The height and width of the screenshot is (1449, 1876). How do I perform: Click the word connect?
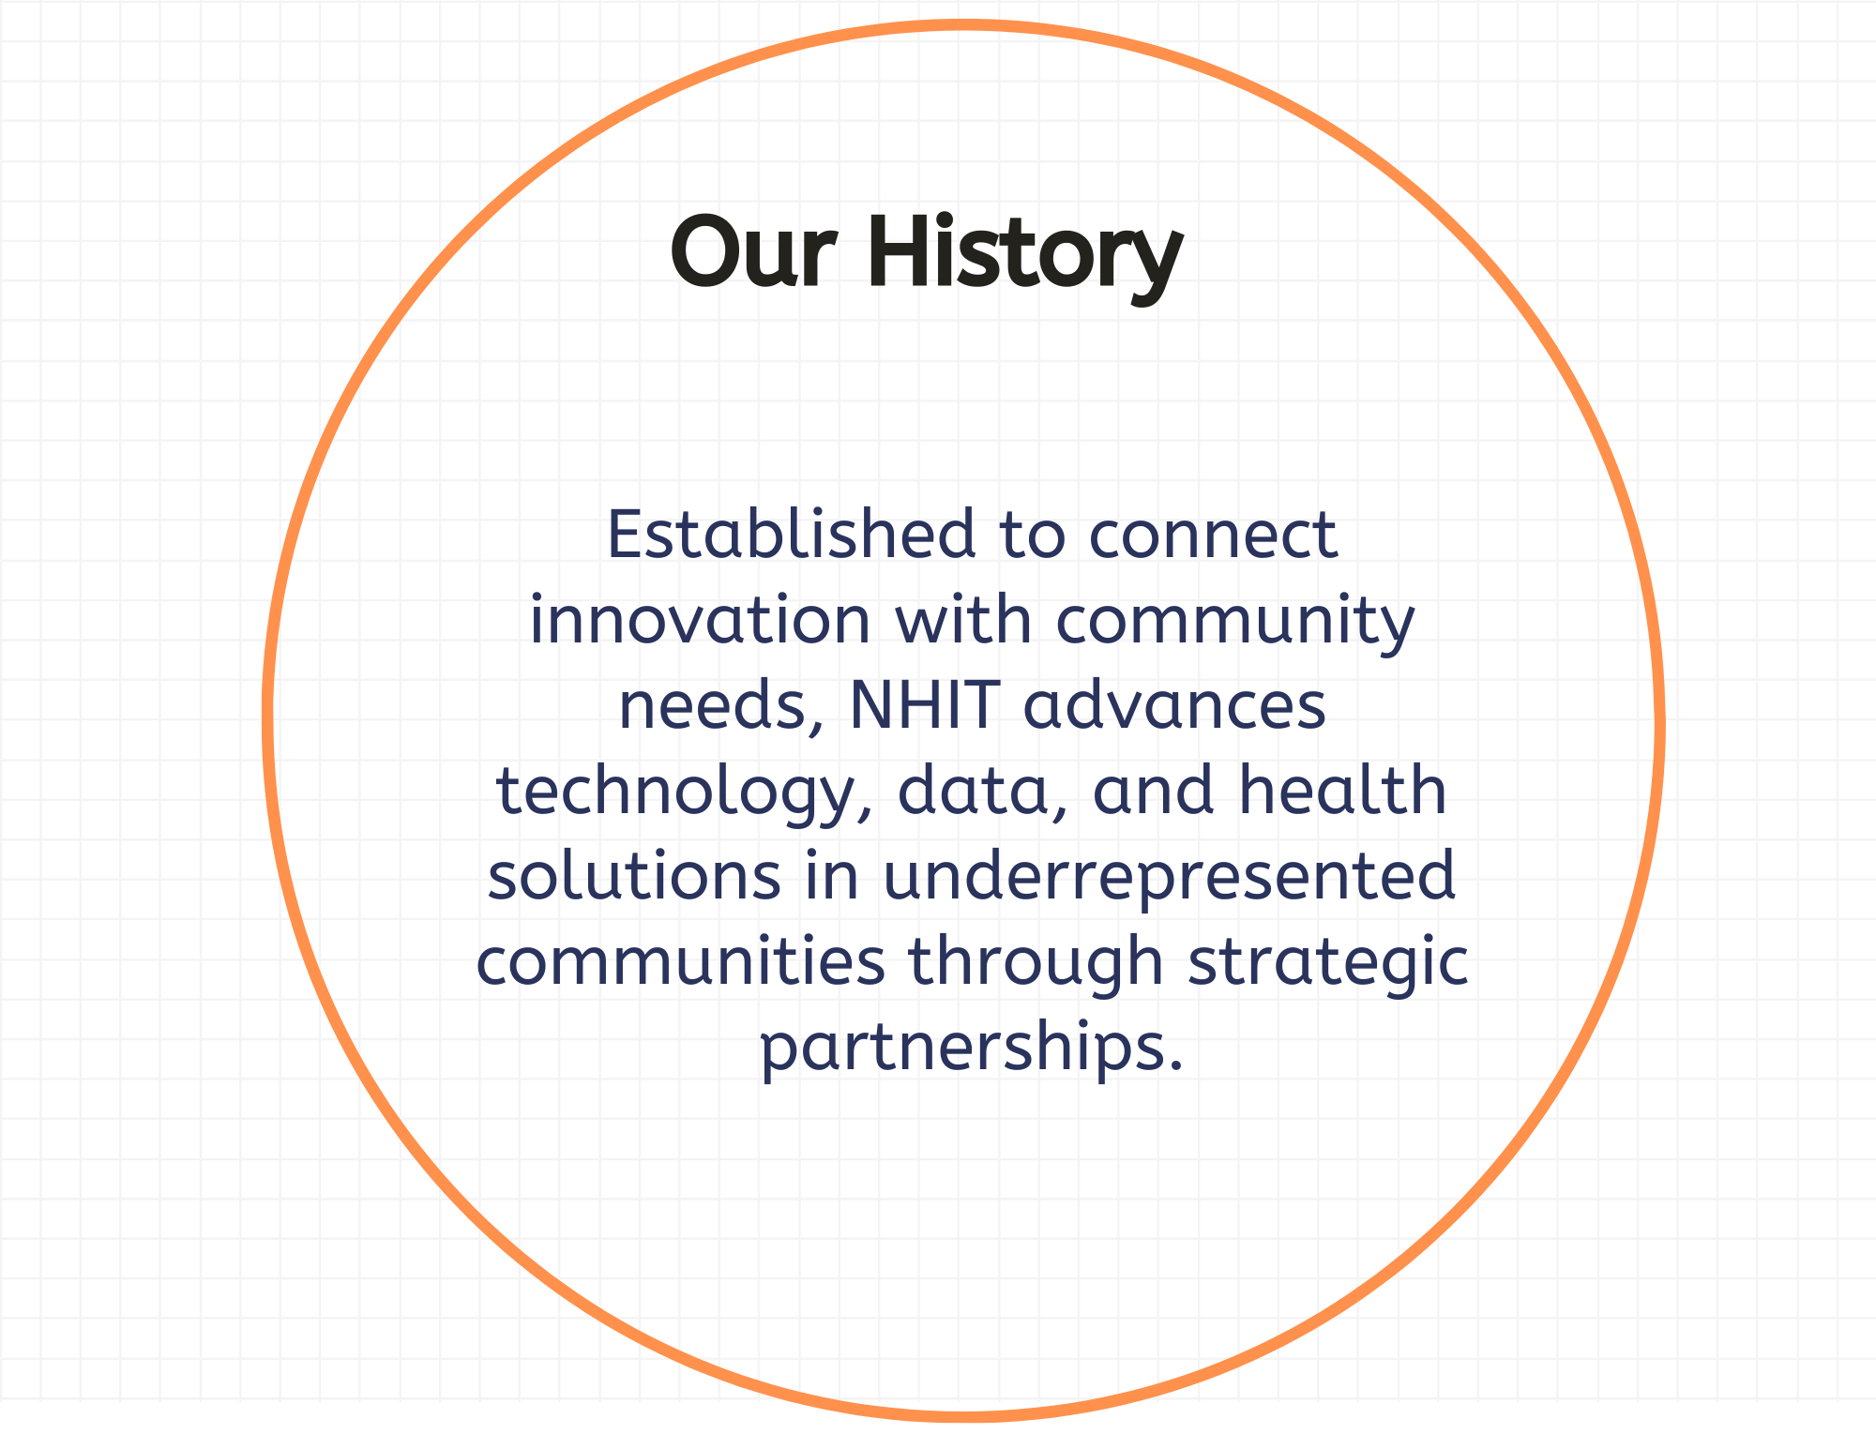1213,536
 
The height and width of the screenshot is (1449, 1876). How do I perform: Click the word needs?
714,706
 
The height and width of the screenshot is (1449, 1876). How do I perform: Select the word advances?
1174,704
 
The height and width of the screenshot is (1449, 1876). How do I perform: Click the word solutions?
635,876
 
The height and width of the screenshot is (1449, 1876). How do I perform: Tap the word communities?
681,961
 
